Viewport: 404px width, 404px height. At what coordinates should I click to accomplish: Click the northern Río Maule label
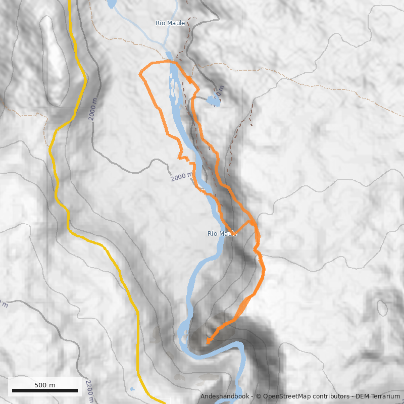click(170, 23)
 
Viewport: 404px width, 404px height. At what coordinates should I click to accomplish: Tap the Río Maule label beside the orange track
click(222, 234)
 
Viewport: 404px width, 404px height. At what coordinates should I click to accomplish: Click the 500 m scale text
click(45, 385)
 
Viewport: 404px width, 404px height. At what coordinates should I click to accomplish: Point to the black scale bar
click(45, 390)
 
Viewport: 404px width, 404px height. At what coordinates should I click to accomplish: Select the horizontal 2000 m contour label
click(181, 177)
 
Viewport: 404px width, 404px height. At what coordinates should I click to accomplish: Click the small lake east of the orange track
click(214, 101)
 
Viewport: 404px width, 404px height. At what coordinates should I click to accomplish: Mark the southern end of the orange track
click(208, 342)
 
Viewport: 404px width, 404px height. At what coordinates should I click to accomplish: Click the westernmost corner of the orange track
click(140, 74)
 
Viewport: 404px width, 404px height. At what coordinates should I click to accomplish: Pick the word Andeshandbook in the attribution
click(224, 397)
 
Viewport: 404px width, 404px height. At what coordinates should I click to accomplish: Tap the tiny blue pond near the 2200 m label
click(132, 389)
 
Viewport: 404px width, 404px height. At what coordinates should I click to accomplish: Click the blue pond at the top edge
click(111, 4)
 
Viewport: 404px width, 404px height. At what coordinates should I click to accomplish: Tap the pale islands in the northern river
click(173, 86)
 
